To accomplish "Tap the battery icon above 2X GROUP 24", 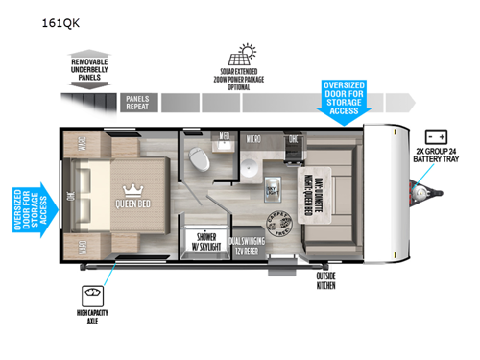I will click(x=439, y=138).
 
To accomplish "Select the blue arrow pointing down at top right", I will click(x=344, y=104).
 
